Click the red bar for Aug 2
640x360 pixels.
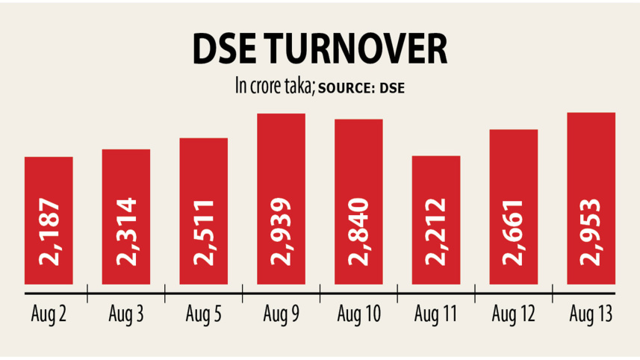pyautogui.click(x=49, y=220)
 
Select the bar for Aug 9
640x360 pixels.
pyautogui.click(x=281, y=199)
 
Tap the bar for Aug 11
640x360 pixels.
pyautogui.click(x=436, y=220)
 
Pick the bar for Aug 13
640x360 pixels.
pyautogui.click(x=591, y=198)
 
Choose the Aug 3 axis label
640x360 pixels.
pyautogui.click(x=126, y=314)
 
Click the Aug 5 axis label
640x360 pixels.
pyautogui.click(x=204, y=314)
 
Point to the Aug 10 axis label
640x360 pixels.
pyautogui.click(x=358, y=314)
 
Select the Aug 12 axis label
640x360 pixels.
pyautogui.click(x=514, y=314)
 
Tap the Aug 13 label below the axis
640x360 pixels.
pyautogui.click(x=591, y=314)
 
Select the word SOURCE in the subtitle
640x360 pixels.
pyautogui.click(x=347, y=87)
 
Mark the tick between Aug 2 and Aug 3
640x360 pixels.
pyautogui.click(x=87, y=292)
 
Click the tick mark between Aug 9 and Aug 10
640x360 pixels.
pyautogui.click(x=320, y=292)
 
